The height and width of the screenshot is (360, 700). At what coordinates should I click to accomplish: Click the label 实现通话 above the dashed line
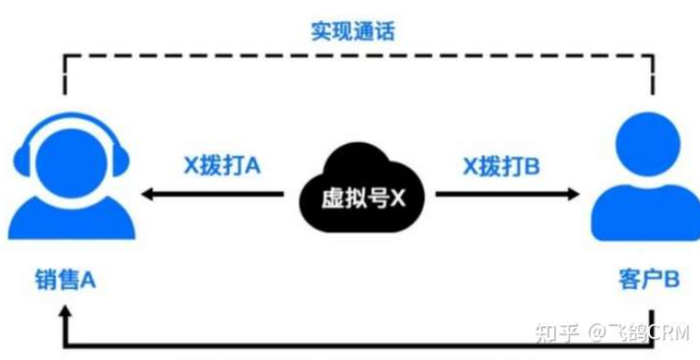(353, 31)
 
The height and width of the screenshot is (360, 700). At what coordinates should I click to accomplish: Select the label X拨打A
(222, 167)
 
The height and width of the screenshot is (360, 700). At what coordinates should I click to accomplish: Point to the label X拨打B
(501, 167)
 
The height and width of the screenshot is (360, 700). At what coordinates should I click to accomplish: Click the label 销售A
(66, 281)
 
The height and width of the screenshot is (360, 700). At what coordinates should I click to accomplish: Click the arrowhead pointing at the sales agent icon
(148, 194)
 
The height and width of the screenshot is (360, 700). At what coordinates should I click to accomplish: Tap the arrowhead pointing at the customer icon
(573, 194)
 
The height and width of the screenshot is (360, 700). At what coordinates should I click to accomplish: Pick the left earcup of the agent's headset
(22, 160)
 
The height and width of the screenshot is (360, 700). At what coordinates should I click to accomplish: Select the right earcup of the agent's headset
(120, 160)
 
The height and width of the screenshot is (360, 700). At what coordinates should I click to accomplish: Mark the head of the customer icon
(647, 144)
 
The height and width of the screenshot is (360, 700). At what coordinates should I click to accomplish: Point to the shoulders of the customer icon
(647, 212)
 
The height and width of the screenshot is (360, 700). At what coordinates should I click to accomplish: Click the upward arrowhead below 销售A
(66, 312)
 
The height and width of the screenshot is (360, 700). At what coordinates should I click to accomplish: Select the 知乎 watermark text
(557, 334)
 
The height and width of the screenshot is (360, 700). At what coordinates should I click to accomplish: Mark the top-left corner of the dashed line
(66, 56)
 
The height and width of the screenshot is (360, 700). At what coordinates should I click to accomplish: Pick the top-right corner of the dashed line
(654, 56)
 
